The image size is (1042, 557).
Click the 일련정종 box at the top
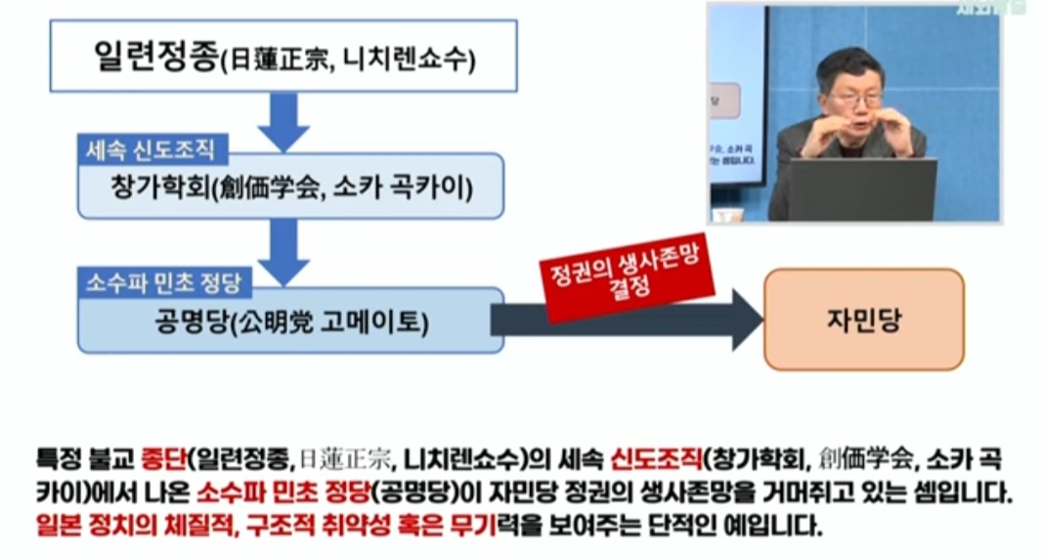click(x=283, y=58)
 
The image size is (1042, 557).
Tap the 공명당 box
click(x=290, y=319)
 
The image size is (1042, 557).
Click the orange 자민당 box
click(x=863, y=320)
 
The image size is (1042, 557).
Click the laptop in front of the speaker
click(x=861, y=190)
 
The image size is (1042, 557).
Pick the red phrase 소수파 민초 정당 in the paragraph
click(x=271, y=492)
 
